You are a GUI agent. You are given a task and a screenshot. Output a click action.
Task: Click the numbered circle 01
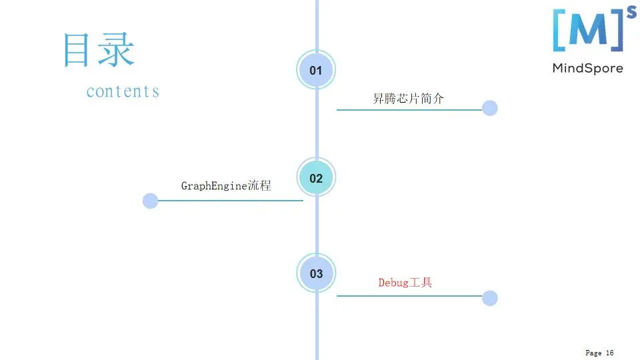tap(316, 71)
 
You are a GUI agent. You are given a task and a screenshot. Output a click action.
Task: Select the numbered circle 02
tap(316, 178)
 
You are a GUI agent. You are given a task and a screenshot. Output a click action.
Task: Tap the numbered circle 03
tap(316, 273)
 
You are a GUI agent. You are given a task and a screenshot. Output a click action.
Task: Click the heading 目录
tap(99, 51)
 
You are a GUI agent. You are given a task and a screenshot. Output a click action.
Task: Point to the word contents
tap(123, 91)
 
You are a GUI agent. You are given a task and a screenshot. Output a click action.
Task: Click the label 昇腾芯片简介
tap(408, 99)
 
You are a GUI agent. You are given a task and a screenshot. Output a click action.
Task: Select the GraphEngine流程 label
tap(226, 185)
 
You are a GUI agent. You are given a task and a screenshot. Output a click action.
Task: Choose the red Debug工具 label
tap(405, 283)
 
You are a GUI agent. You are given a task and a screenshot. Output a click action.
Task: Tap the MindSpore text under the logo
tap(587, 68)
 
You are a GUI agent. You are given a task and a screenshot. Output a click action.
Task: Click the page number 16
tap(609, 353)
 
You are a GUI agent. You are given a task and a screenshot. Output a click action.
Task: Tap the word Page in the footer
tap(593, 353)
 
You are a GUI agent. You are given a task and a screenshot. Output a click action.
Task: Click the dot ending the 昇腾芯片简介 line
tap(490, 108)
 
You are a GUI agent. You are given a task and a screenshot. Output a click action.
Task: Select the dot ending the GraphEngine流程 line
tap(151, 201)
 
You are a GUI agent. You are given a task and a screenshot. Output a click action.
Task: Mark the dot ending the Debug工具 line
tap(490, 298)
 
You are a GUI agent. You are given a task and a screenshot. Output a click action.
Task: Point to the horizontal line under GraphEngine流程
tap(230, 200)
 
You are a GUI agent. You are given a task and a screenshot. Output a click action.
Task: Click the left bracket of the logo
tap(558, 31)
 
